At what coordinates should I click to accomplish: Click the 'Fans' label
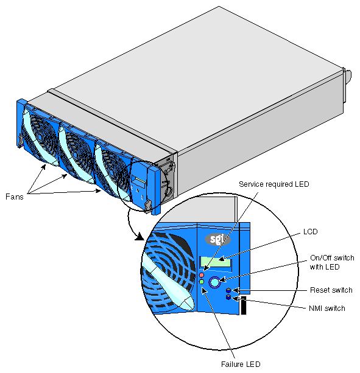tap(14, 197)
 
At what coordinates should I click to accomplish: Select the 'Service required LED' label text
tap(274, 184)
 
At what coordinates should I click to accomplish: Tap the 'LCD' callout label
tap(310, 232)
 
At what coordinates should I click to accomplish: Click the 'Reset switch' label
tap(331, 290)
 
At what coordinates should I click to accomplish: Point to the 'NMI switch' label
tap(327, 309)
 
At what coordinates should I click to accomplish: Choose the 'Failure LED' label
tap(241, 364)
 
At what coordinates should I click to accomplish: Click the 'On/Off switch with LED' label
tap(332, 262)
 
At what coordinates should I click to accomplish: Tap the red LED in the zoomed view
tap(202, 275)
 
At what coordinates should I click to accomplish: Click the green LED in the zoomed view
tap(202, 282)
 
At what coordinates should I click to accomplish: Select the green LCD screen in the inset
tap(216, 262)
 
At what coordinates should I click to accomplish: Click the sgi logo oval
tap(217, 240)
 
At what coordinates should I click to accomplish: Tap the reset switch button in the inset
tap(228, 290)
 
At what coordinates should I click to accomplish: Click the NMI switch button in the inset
tap(228, 297)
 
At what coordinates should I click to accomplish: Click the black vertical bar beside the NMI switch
tap(243, 305)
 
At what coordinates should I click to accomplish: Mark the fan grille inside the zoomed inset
tap(170, 271)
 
